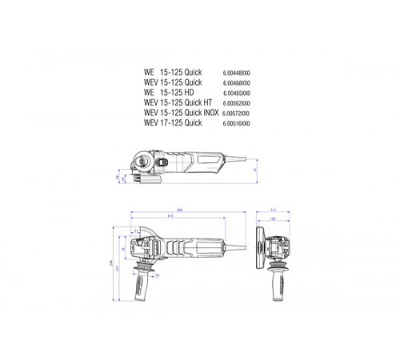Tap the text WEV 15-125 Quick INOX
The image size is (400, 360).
[x=180, y=113]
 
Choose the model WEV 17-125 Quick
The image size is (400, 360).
[x=173, y=123]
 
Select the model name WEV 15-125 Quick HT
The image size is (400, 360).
[x=177, y=103]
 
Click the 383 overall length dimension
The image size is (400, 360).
[x=180, y=210]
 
